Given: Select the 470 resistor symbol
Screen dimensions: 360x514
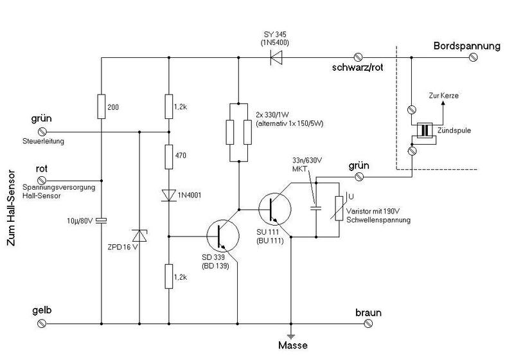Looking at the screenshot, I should (169, 156).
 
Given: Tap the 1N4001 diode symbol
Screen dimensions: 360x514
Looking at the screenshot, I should (169, 195).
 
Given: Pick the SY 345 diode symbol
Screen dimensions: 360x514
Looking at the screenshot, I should (277, 58).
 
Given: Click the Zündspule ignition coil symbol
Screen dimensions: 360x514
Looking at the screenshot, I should (424, 130).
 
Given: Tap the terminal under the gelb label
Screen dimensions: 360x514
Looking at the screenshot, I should (42, 324).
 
